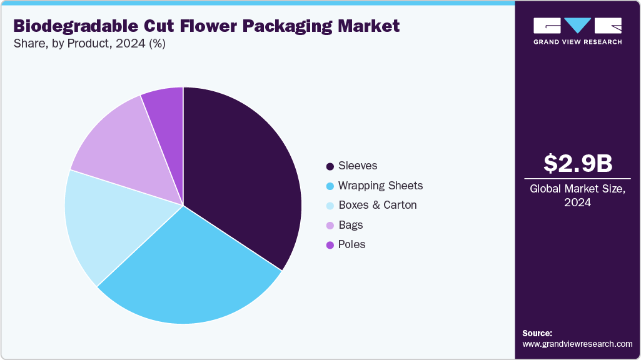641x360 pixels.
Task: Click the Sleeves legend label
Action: pos(358,166)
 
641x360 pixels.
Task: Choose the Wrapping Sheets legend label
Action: pos(380,186)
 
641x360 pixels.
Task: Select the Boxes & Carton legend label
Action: pos(377,205)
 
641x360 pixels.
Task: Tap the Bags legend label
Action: pos(350,225)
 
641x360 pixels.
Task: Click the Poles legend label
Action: pos(351,244)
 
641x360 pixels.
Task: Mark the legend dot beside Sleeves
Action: pos(330,166)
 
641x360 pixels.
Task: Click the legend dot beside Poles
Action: pos(330,245)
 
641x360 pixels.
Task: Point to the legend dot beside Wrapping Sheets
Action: pos(330,186)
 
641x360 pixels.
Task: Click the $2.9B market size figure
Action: pos(577,163)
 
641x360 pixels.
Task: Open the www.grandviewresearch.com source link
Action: pos(577,344)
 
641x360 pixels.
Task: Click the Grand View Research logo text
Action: pos(577,42)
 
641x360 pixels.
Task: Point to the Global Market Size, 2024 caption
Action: pos(577,195)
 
